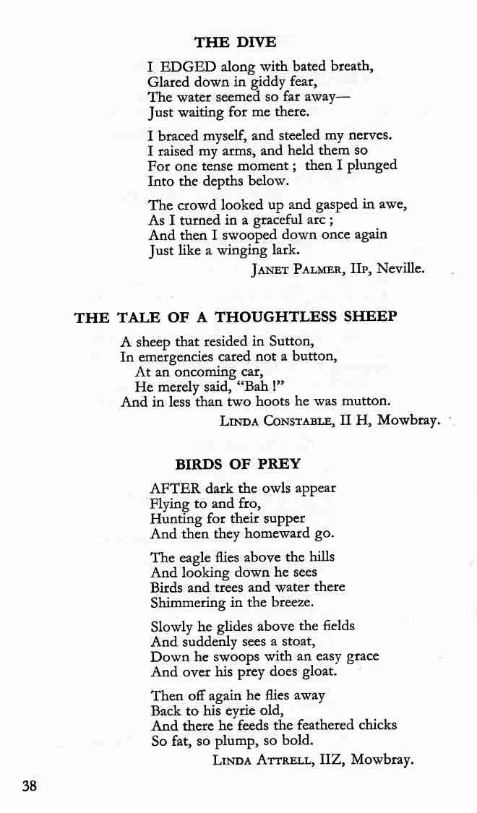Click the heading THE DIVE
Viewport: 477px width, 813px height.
click(235, 42)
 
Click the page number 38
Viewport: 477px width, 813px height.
click(30, 786)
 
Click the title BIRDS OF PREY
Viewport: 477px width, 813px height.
click(238, 464)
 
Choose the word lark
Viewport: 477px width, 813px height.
click(284, 250)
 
